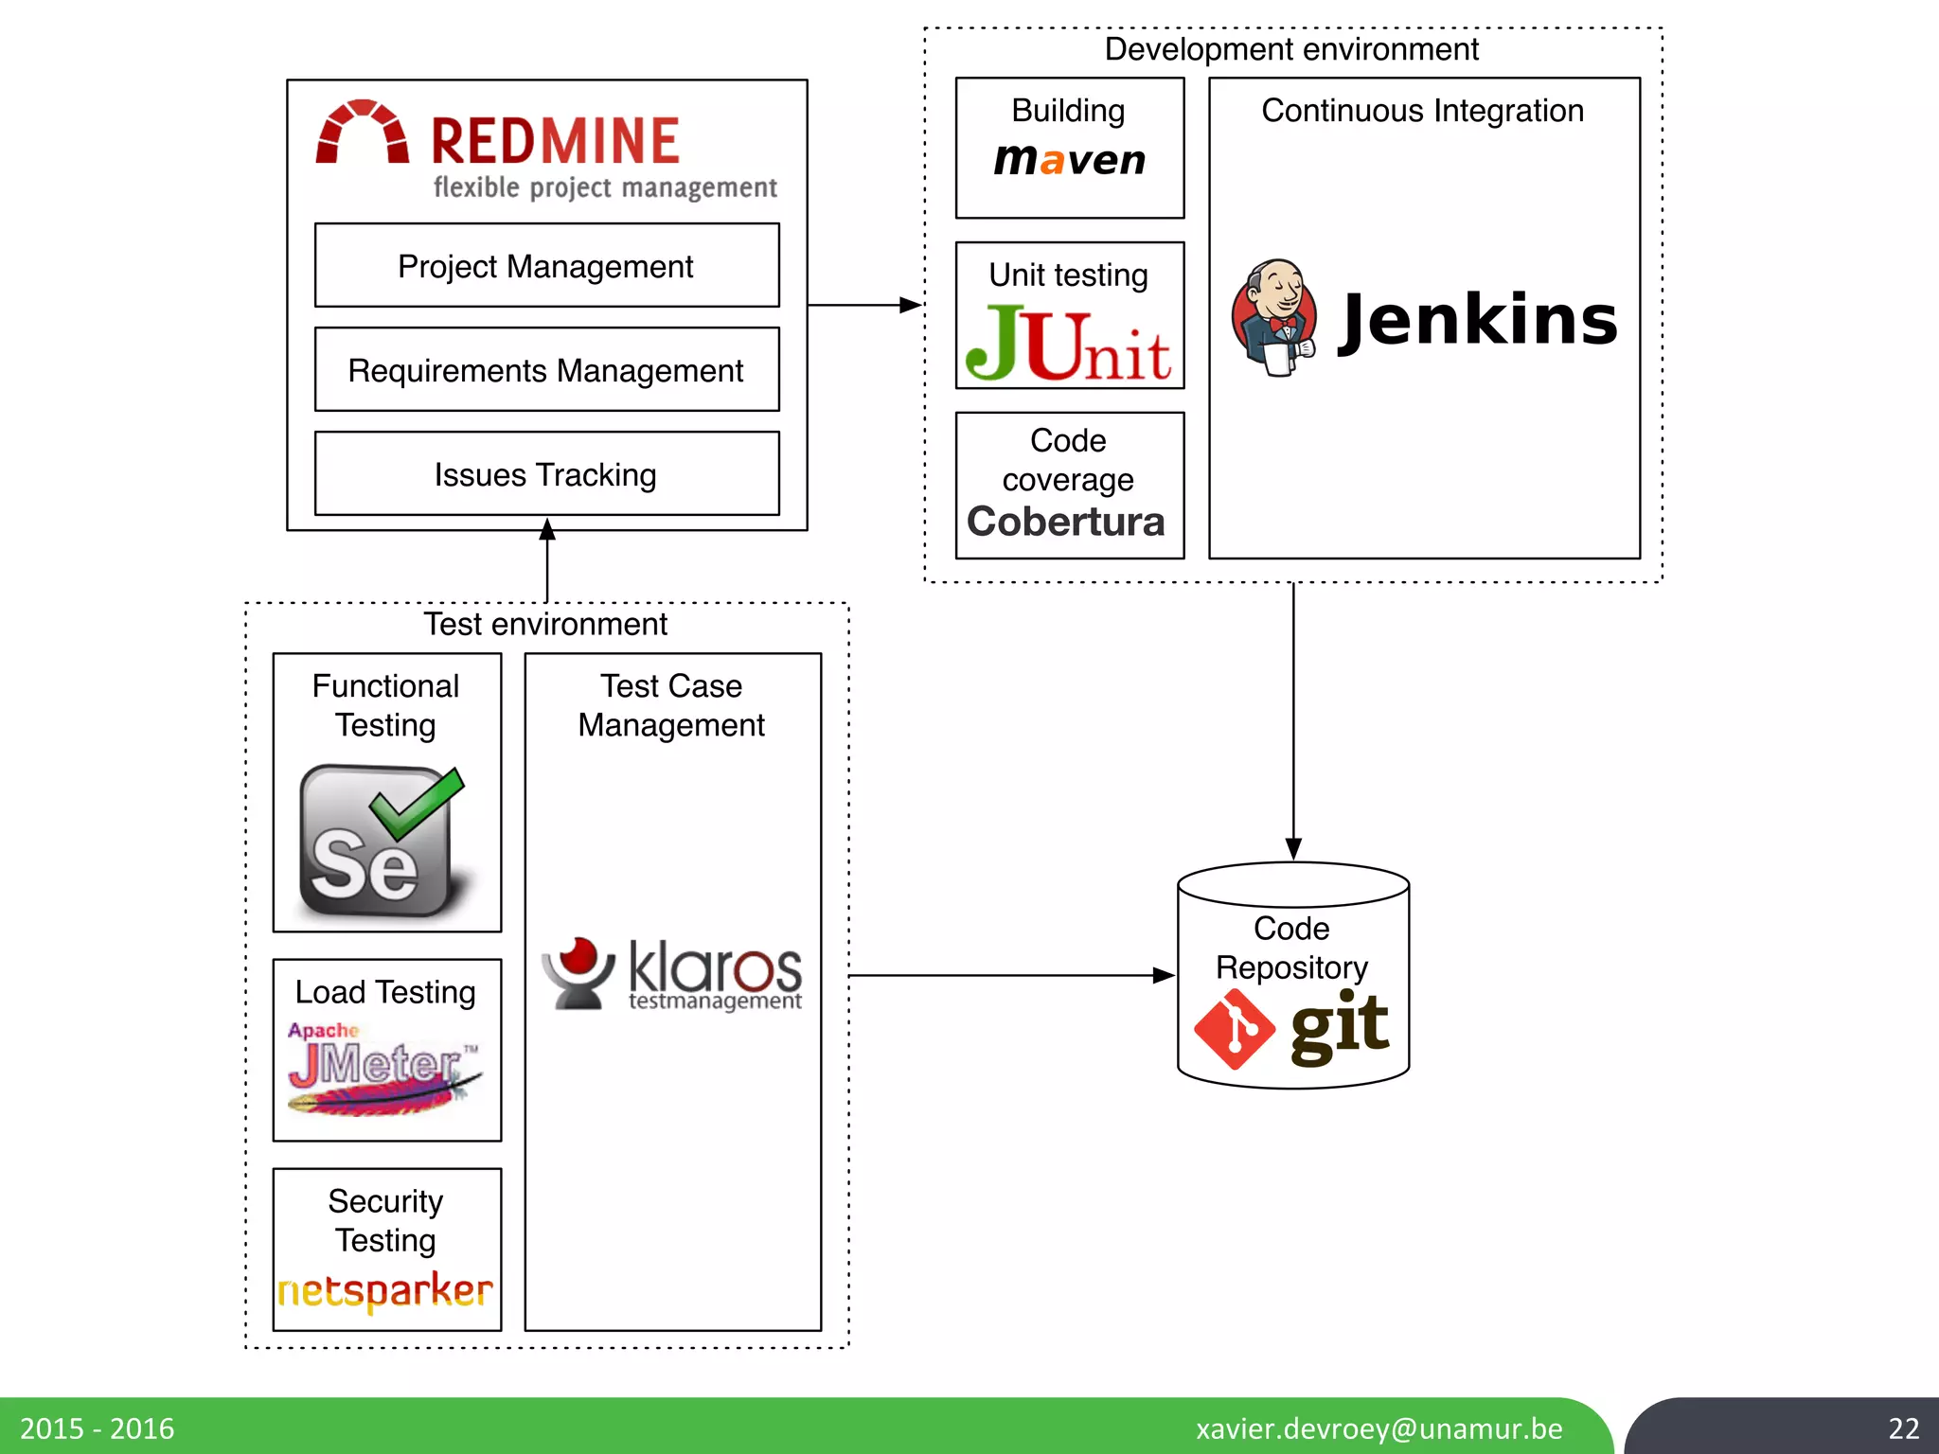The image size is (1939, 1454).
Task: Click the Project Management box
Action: pos(546,266)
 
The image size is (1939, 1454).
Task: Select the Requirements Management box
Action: pos(546,370)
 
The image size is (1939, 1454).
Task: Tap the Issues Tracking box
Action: pos(546,474)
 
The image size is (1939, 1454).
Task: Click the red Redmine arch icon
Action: pos(362,133)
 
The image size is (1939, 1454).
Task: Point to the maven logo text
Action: pos(1069,159)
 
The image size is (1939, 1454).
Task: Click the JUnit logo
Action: pos(1069,343)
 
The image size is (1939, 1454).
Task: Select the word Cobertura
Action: pos(1066,522)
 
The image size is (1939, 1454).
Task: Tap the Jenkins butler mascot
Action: pos(1274,318)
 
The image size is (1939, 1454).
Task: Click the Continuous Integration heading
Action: pos(1422,111)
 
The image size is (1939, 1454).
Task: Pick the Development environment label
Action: pos(1291,49)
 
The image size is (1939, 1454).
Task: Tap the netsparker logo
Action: pos(385,1290)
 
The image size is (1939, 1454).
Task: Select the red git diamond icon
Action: pos(1235,1029)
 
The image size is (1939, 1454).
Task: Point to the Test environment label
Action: pos(545,625)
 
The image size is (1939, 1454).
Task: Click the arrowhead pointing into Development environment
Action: pos(910,305)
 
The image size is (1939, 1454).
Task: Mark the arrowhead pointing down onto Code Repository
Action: pos(1293,848)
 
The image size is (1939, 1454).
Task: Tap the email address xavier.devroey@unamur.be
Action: pos(1379,1427)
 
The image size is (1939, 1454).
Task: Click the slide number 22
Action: pos(1903,1427)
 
